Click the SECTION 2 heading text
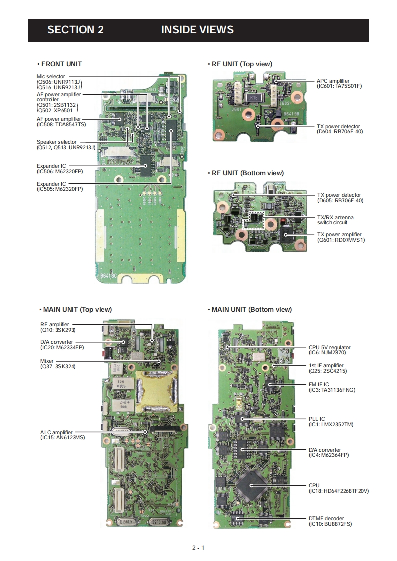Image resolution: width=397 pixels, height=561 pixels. [x=75, y=30]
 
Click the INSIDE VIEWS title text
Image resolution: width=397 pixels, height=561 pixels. [x=197, y=30]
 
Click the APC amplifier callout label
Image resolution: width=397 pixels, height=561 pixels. [x=333, y=81]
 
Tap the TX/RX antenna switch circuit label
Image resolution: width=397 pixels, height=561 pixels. [x=335, y=220]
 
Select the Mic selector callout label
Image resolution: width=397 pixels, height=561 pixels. [x=50, y=76]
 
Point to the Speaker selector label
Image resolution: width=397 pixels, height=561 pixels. [x=56, y=142]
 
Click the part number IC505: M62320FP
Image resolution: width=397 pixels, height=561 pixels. [x=60, y=189]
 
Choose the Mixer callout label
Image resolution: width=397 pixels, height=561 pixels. [x=47, y=361]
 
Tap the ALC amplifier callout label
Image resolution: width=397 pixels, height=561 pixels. [x=56, y=432]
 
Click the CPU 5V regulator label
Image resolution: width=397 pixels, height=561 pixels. [x=329, y=347]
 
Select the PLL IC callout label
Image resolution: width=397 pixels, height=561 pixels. [x=317, y=419]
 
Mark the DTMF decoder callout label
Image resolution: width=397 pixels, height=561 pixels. [x=326, y=518]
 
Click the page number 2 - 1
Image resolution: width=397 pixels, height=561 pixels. [x=198, y=548]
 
